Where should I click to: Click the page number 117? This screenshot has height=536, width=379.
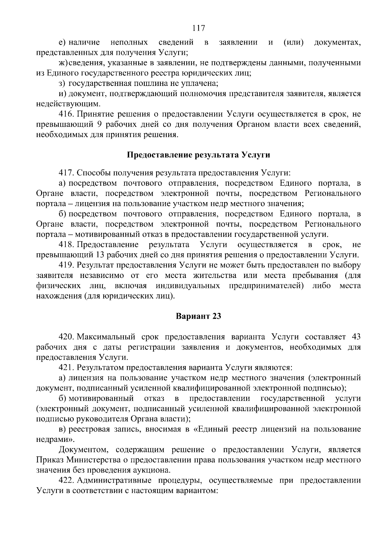(x=199, y=28)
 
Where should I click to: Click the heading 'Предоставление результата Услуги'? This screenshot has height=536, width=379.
(x=199, y=155)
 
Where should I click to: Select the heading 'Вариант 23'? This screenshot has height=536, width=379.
(x=198, y=316)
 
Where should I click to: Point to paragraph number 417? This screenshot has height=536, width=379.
(x=66, y=173)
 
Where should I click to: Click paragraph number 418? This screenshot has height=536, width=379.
(x=66, y=245)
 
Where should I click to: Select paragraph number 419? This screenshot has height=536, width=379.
(x=66, y=265)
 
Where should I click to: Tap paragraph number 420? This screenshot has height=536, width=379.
(x=66, y=337)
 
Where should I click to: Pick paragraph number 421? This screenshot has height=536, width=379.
(x=66, y=368)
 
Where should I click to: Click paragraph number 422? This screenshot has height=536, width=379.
(x=66, y=481)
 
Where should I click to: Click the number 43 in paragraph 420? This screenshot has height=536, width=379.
(x=356, y=337)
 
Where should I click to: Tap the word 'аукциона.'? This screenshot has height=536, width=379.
(x=153, y=470)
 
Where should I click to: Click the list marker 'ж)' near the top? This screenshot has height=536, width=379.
(x=63, y=63)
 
